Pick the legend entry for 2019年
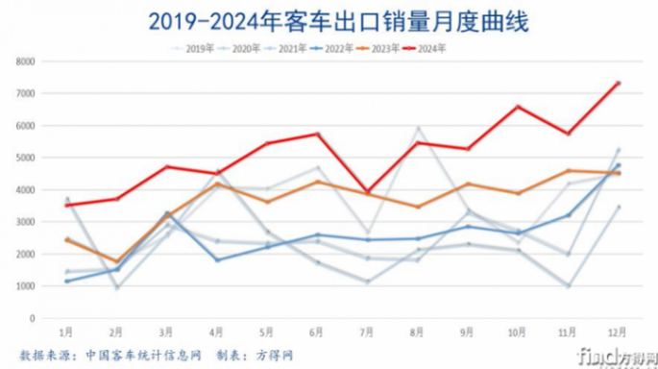[192, 47]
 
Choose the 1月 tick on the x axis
[66, 332]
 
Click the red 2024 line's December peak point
[619, 83]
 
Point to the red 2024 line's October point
[519, 107]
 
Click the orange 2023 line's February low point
[116, 261]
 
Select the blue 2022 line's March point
[167, 213]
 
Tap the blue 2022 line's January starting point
[66, 281]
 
